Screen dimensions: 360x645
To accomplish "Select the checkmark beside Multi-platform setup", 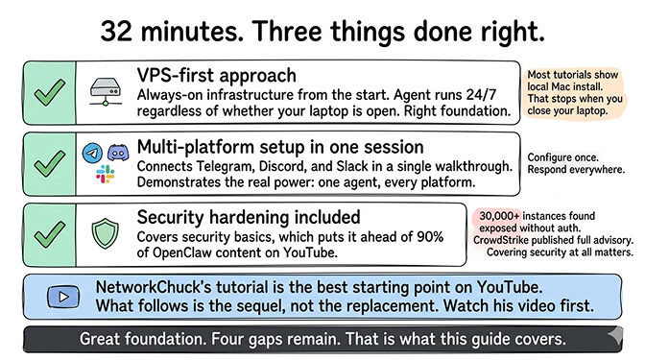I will click(44, 165).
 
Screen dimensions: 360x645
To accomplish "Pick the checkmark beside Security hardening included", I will click(44, 233).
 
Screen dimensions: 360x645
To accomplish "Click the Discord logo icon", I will click(117, 154).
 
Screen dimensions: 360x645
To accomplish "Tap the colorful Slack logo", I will click(105, 176).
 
